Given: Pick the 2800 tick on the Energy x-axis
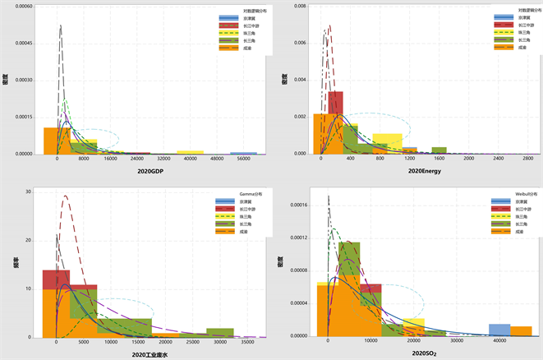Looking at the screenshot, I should click(x=527, y=159).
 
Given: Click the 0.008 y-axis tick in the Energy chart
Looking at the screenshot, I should click(x=301, y=7).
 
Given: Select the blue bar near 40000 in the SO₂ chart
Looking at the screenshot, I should click(x=499, y=330).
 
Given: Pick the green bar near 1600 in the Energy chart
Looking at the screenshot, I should click(x=439, y=150).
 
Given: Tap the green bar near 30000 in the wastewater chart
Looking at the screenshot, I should click(x=220, y=332).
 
